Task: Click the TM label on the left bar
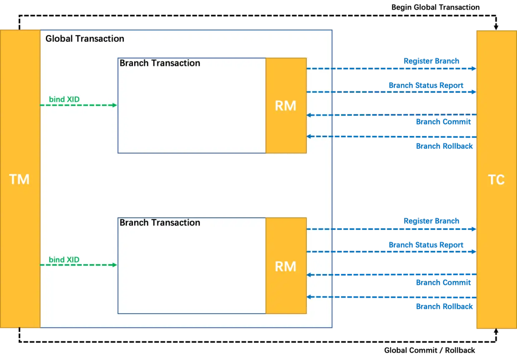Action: point(19,179)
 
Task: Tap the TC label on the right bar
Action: point(496,180)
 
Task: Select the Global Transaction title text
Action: point(85,39)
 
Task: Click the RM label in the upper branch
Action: point(286,106)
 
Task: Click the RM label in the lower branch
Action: point(286,266)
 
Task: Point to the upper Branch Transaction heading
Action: point(160,63)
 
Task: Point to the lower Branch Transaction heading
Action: point(160,223)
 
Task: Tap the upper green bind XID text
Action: point(64,99)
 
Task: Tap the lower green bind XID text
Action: point(64,260)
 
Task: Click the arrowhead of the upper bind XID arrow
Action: point(115,105)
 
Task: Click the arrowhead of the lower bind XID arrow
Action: point(115,265)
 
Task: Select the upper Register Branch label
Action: point(432,62)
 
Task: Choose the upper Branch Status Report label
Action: point(425,86)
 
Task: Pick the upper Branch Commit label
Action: point(443,122)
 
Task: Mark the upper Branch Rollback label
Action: point(444,146)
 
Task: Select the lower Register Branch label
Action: point(432,221)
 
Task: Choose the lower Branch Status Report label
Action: point(425,245)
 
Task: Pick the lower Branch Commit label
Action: point(443,282)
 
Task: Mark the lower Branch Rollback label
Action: point(444,306)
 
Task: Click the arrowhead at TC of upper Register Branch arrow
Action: point(474,69)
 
